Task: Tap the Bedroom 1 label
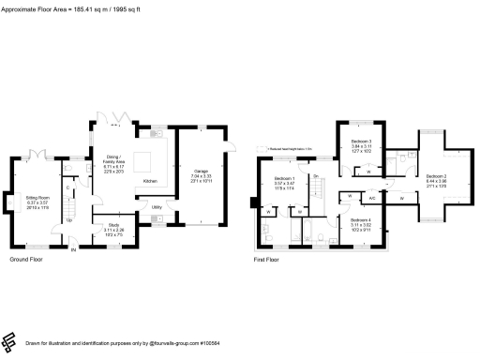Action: click(284, 178)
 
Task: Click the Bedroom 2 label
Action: click(437, 176)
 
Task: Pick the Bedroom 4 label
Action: click(361, 222)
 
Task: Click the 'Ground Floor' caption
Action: click(26, 259)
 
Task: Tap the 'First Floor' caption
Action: click(266, 259)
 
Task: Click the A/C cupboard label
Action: click(372, 198)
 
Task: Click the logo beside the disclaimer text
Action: click(9, 342)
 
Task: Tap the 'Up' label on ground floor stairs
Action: click(68, 220)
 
